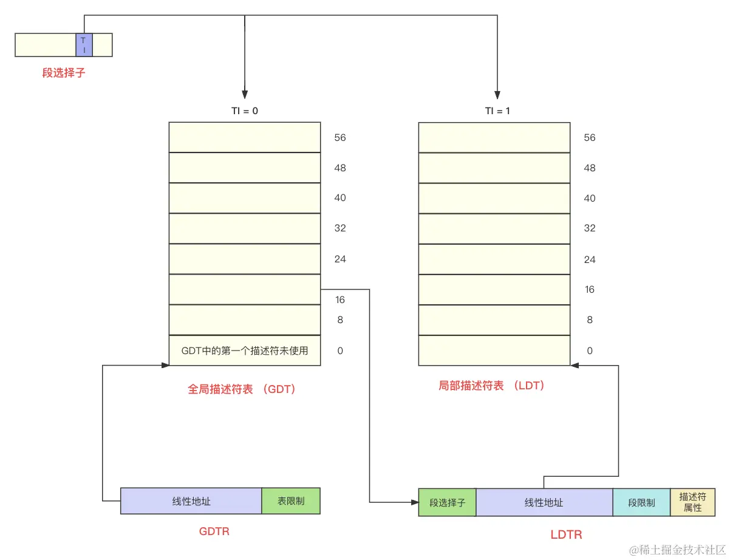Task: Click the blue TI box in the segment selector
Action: click(x=84, y=45)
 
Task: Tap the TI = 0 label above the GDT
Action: click(x=244, y=111)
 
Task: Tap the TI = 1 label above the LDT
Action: click(x=497, y=111)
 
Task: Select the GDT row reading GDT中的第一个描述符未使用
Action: click(x=245, y=350)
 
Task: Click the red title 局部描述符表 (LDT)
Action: click(x=492, y=386)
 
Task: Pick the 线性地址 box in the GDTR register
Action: click(x=191, y=501)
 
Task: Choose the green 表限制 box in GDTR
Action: click(x=291, y=501)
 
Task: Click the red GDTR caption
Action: click(x=214, y=531)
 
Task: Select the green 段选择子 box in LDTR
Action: click(x=448, y=502)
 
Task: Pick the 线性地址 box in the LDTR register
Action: click(x=544, y=502)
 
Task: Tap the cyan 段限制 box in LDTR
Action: click(x=641, y=502)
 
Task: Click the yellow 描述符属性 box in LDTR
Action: click(x=693, y=502)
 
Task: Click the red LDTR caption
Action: click(x=566, y=534)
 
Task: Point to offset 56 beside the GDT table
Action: click(x=340, y=138)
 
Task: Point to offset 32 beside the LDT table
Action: click(x=590, y=228)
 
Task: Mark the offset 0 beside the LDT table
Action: click(x=590, y=350)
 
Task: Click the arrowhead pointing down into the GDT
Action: click(x=245, y=95)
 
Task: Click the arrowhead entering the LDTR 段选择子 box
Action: click(x=414, y=502)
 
